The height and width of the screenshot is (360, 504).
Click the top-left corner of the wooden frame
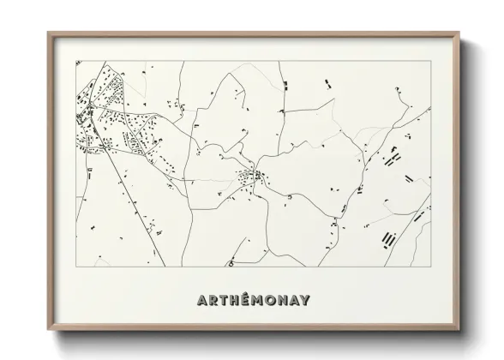pos(48,33)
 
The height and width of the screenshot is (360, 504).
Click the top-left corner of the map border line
pos(75,59)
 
